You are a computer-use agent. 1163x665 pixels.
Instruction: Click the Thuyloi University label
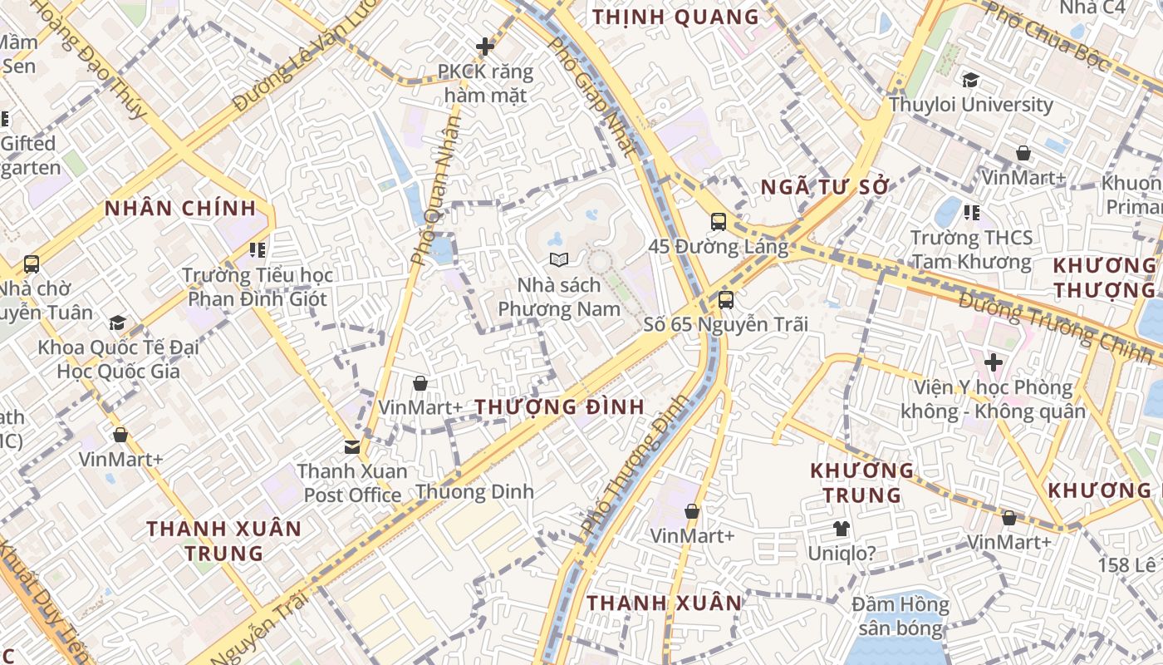pyautogui.click(x=970, y=105)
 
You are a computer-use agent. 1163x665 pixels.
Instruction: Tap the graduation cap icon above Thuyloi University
pyautogui.click(x=970, y=81)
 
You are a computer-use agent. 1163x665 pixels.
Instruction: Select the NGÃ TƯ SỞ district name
pyautogui.click(x=825, y=187)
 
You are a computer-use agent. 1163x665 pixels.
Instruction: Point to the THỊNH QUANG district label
pyautogui.click(x=675, y=17)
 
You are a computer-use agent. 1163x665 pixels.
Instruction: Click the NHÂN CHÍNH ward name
pyautogui.click(x=180, y=209)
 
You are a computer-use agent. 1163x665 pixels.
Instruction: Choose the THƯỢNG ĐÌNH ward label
pyautogui.click(x=560, y=407)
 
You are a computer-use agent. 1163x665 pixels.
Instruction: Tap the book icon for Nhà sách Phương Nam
pyautogui.click(x=559, y=260)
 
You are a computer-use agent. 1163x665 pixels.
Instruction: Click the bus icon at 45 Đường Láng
pyautogui.click(x=719, y=222)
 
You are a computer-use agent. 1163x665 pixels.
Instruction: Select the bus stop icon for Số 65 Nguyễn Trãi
pyautogui.click(x=725, y=300)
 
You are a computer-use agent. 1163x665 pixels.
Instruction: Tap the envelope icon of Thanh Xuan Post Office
pyautogui.click(x=352, y=447)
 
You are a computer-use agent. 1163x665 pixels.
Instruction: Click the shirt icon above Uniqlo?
pyautogui.click(x=842, y=528)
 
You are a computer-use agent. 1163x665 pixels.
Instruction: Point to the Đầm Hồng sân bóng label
pyautogui.click(x=901, y=616)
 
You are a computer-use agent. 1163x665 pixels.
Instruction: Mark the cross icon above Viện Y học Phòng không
pyautogui.click(x=993, y=362)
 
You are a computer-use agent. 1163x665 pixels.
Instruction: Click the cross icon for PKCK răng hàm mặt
pyautogui.click(x=485, y=47)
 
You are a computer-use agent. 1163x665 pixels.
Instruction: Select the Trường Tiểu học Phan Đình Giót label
pyautogui.click(x=258, y=287)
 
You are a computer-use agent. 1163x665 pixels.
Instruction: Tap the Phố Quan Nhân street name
pyautogui.click(x=435, y=190)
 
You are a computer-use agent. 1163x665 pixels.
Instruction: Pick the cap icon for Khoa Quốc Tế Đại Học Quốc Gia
pyautogui.click(x=117, y=323)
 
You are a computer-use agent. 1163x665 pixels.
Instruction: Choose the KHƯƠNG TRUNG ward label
pyautogui.click(x=861, y=482)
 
